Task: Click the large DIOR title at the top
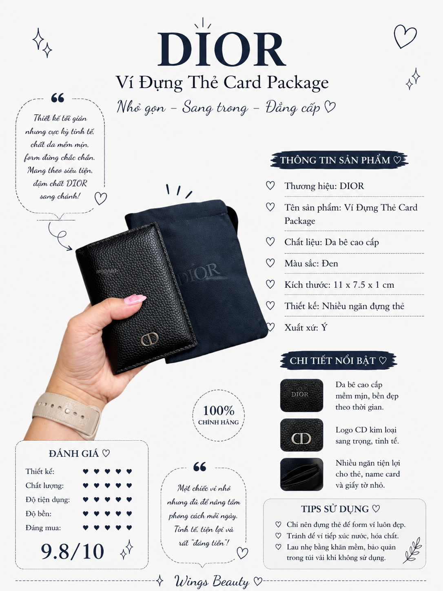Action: pos(221,49)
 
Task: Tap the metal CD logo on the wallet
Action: pos(150,339)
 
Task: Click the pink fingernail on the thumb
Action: pos(135,299)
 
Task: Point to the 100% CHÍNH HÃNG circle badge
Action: pos(218,415)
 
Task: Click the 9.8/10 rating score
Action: pos(72,551)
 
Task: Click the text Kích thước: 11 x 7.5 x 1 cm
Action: pos(339,284)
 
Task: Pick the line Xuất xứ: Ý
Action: pos(306,327)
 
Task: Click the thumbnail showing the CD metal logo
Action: pos(301,435)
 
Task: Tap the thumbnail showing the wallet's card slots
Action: pos(301,474)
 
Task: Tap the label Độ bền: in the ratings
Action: pos(38,514)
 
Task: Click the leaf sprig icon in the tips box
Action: pos(412,551)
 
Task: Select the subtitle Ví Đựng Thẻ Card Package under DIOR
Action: pos(222,82)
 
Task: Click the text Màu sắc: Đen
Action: pos(311,263)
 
